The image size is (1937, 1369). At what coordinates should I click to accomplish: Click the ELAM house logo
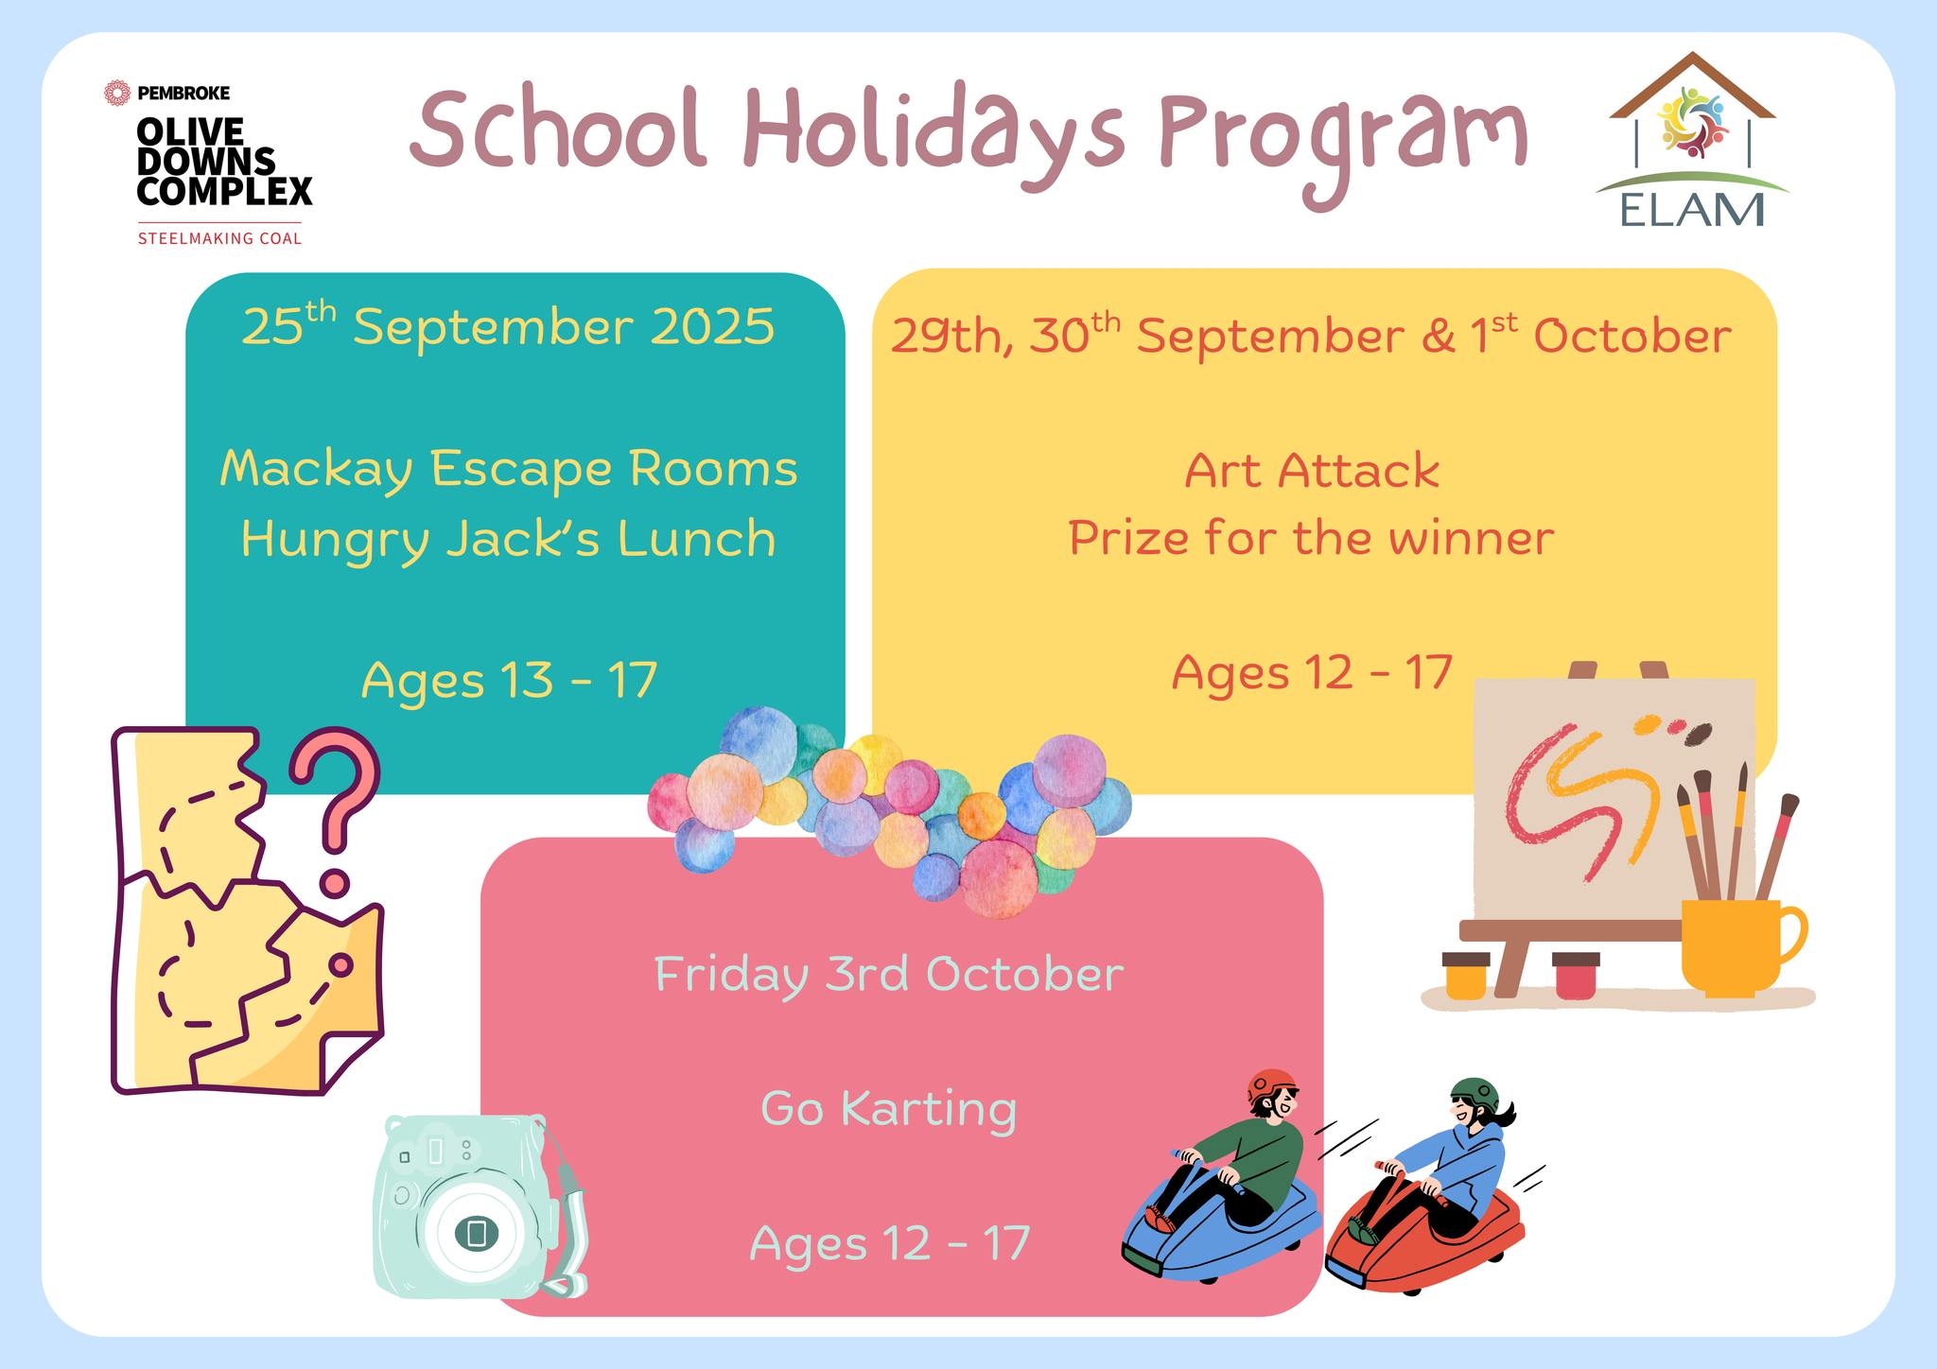coord(1691,139)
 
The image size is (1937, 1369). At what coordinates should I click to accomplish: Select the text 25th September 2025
coord(508,325)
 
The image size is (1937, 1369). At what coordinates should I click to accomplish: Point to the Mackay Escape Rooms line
coord(509,469)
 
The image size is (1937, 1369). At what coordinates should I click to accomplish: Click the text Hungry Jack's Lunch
coord(509,539)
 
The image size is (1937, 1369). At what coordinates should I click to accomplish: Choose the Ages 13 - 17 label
coord(509,679)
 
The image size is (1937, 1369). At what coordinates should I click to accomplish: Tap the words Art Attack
coord(1312,471)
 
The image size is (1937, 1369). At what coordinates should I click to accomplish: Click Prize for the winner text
coord(1312,539)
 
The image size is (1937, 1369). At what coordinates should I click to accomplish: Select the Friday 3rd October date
coord(889,974)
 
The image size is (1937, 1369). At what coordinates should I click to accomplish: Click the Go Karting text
coord(889,1108)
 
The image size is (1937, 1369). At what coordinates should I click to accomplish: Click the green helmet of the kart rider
coord(1475,1093)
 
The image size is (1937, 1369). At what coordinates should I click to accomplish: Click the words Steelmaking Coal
coord(220,238)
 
